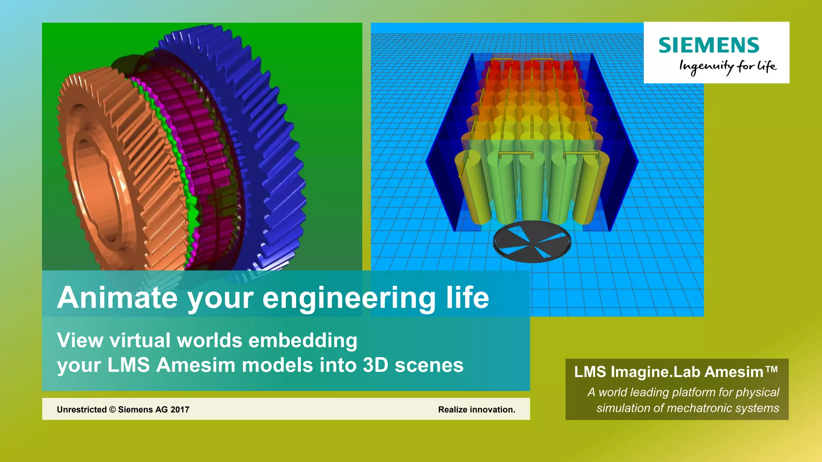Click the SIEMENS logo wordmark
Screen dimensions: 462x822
coord(709,45)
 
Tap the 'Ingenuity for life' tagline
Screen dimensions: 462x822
coord(728,66)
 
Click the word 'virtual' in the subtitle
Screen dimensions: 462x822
coord(140,340)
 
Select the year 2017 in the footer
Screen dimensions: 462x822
coord(180,409)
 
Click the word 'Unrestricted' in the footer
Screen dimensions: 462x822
coord(81,409)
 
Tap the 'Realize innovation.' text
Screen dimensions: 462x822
coord(476,409)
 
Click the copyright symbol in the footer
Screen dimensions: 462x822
coord(112,409)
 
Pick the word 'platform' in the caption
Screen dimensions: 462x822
coord(694,392)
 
